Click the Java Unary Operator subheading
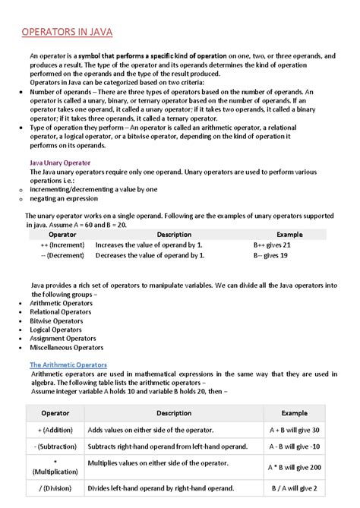coord(60,162)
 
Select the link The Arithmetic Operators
coord(68,364)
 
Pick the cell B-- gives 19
coord(270,256)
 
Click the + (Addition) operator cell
coord(55,429)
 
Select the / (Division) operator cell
coord(55,487)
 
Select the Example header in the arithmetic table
coord(295,412)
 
